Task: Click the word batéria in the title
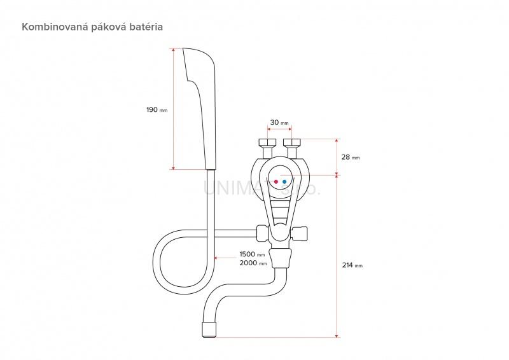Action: click(x=151, y=27)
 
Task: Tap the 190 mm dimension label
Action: click(x=157, y=109)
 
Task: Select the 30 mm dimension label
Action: click(x=279, y=122)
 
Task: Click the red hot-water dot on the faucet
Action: click(x=275, y=182)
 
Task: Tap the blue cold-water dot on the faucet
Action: click(x=284, y=182)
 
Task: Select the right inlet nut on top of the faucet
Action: click(x=293, y=143)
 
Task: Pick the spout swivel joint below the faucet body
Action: click(x=280, y=258)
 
